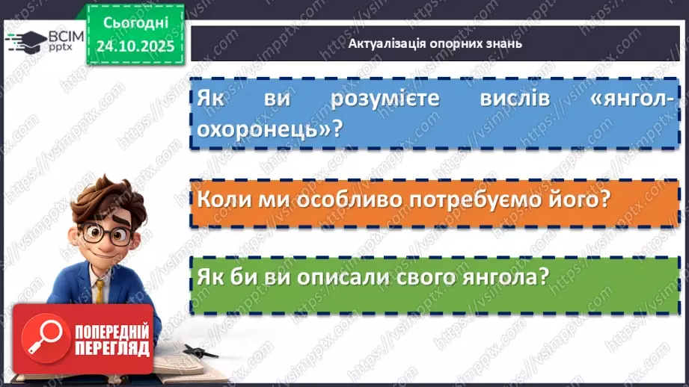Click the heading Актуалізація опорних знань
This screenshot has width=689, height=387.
[435, 43]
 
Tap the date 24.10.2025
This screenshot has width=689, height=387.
[134, 44]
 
